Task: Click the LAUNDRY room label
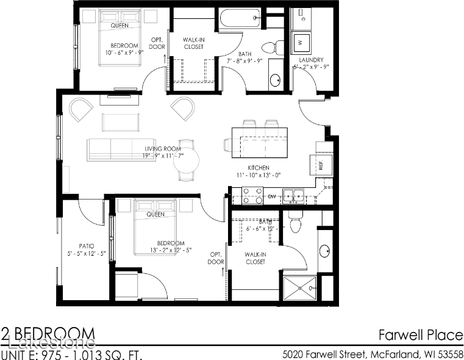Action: (311, 60)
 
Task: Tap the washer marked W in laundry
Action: (301, 43)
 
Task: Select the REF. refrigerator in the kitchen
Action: (323, 162)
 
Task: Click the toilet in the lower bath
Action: (296, 224)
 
